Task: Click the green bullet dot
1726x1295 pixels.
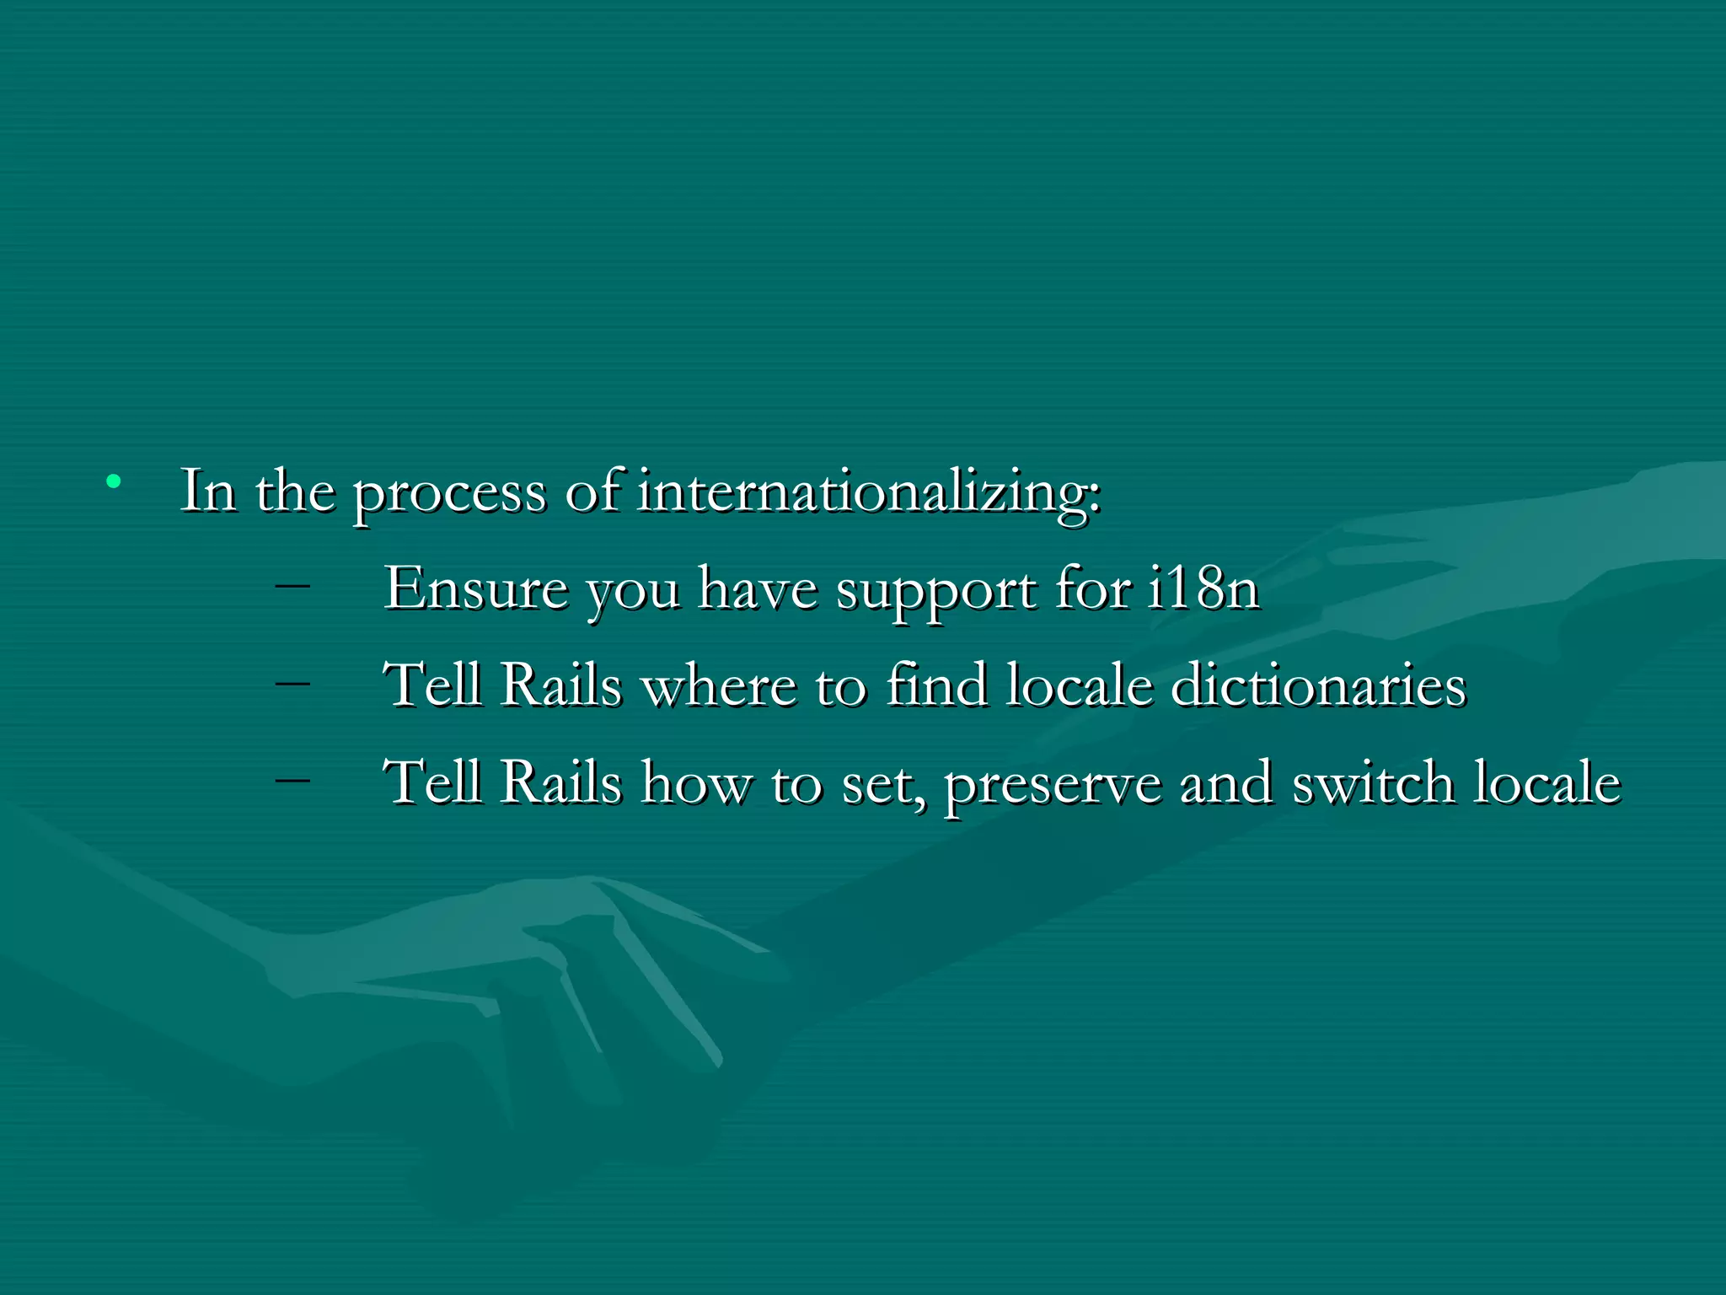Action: point(114,482)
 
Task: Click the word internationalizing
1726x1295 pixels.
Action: point(868,491)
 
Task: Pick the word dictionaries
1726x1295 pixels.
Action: point(1318,685)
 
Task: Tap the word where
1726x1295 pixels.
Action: point(719,685)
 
